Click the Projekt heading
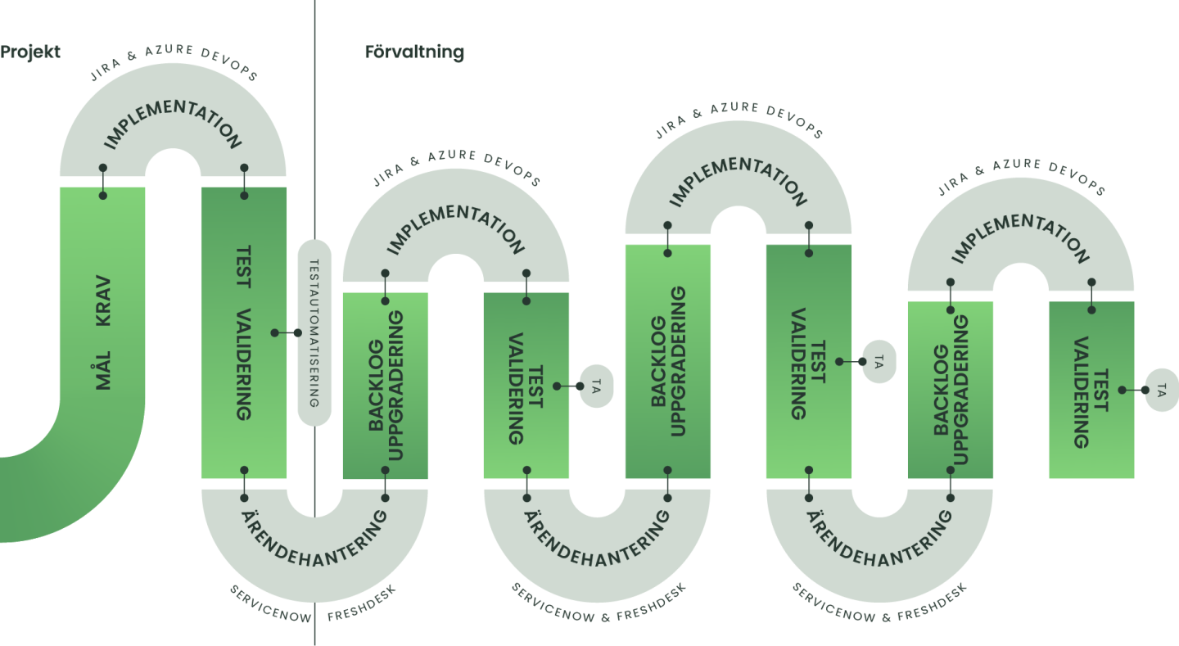tap(30, 52)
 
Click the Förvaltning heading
tap(414, 52)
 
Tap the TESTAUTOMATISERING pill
tap(314, 332)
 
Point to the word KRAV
tap(103, 304)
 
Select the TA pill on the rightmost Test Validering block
tap(1162, 391)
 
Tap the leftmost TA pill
tap(596, 386)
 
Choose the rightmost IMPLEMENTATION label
tap(1020, 237)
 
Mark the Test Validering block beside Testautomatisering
tap(244, 332)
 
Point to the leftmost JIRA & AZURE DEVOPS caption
tap(173, 63)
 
